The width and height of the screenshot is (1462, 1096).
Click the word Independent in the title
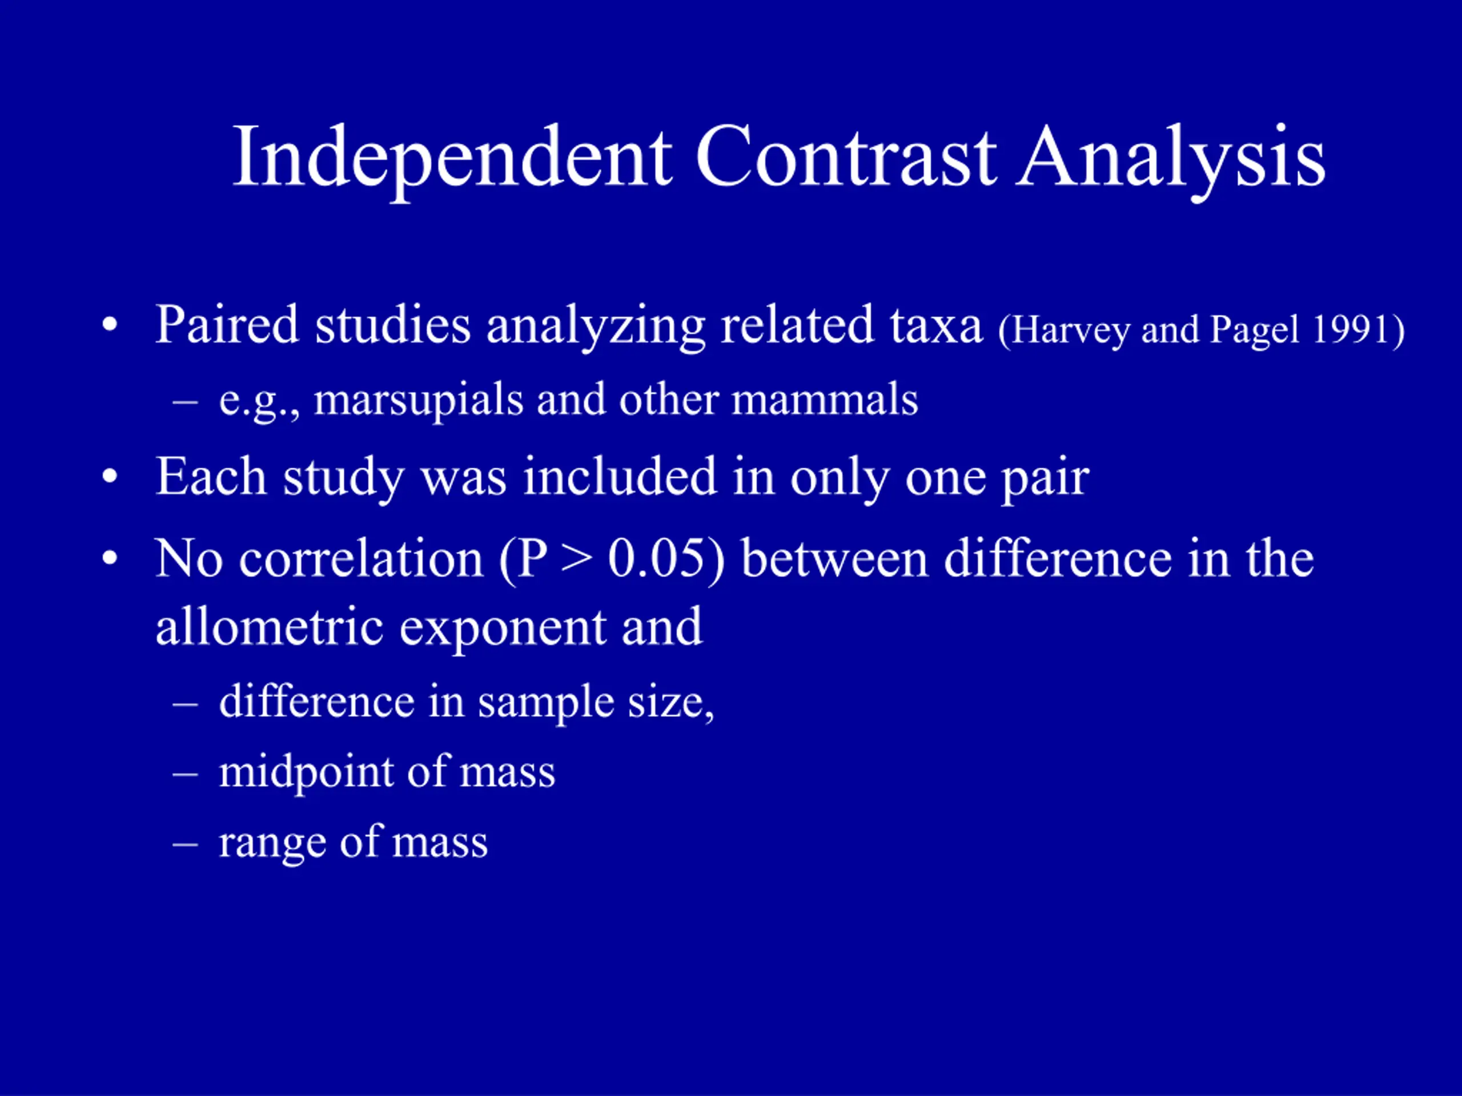[453, 158]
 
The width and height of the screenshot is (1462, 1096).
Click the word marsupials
[417, 401]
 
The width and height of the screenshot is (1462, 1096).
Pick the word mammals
[825, 400]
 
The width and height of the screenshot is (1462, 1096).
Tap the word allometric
[269, 626]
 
